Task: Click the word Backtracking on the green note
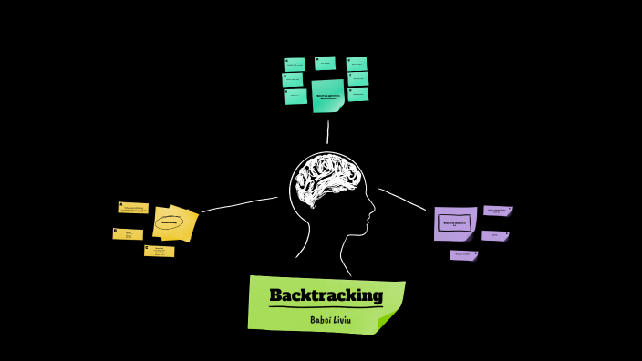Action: tap(326, 295)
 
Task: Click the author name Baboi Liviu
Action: tap(329, 319)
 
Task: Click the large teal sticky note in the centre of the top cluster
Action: tap(327, 96)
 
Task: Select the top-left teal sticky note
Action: tap(295, 65)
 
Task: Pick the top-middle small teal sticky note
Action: tap(325, 63)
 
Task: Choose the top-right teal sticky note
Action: tap(357, 64)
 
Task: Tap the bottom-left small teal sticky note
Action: tap(295, 96)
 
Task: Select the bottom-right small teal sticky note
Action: tap(358, 94)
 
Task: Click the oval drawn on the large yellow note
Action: tap(170, 222)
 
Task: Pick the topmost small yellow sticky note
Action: tap(133, 208)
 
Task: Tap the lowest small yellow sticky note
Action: tap(159, 251)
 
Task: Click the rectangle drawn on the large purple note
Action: tap(455, 222)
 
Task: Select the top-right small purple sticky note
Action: tap(497, 211)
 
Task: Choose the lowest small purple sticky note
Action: tap(463, 255)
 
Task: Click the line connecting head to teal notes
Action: tap(327, 132)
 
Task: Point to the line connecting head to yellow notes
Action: tap(239, 203)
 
